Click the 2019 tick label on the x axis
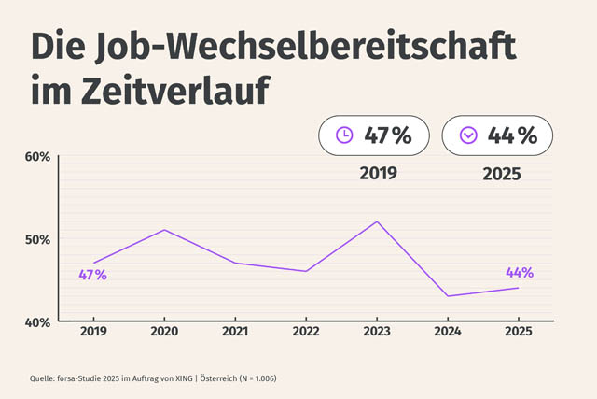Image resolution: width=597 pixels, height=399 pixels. (93, 332)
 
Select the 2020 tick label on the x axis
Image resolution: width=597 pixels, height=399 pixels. (164, 332)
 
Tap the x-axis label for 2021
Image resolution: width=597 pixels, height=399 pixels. (235, 332)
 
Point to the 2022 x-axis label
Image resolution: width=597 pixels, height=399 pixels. (306, 332)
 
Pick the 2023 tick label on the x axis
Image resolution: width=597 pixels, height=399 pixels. (377, 332)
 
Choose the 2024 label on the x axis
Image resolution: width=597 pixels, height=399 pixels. (448, 332)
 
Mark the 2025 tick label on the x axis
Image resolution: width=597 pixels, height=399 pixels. (519, 332)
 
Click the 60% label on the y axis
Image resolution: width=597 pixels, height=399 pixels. (36, 156)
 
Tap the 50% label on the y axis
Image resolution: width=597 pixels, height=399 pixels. (36, 239)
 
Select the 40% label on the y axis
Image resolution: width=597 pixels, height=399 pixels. (36, 322)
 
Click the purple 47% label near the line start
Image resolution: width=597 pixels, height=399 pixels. (93, 276)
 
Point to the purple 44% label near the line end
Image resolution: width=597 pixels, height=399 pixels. (520, 273)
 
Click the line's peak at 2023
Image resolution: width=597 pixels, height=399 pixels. (377, 221)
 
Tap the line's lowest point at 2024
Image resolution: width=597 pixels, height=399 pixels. (448, 296)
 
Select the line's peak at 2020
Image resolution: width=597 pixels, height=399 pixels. (164, 230)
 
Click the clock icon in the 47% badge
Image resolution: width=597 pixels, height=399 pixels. (344, 135)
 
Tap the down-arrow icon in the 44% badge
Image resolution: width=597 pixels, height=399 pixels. (468, 135)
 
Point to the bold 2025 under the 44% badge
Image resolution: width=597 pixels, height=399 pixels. (502, 174)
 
